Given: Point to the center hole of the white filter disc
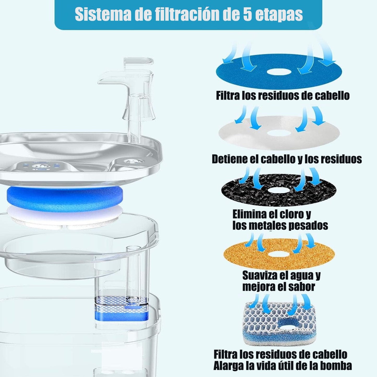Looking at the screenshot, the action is pos(279,133).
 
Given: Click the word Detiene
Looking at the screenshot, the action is pos(230,159).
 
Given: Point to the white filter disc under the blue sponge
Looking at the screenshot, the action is pos(65,217).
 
